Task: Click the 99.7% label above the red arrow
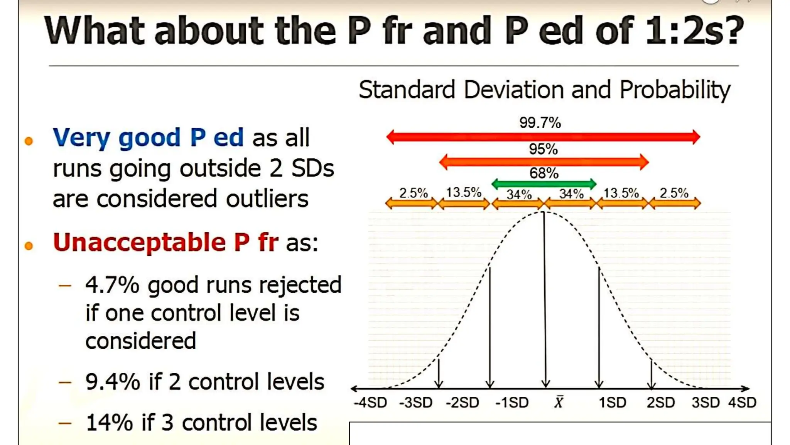click(540, 123)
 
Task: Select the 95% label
click(543, 149)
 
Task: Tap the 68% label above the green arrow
click(544, 173)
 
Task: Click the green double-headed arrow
click(544, 184)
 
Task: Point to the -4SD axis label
click(370, 403)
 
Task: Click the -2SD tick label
click(462, 403)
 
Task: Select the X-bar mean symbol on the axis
click(559, 402)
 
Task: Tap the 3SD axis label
click(705, 403)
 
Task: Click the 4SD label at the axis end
click(742, 403)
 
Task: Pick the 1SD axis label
click(612, 403)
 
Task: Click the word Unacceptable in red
click(139, 243)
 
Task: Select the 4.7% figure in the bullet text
click(112, 285)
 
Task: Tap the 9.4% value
click(112, 382)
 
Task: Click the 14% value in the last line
click(109, 423)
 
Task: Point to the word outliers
click(267, 199)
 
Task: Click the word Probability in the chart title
click(675, 90)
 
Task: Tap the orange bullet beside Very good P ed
click(29, 141)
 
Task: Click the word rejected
click(300, 285)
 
